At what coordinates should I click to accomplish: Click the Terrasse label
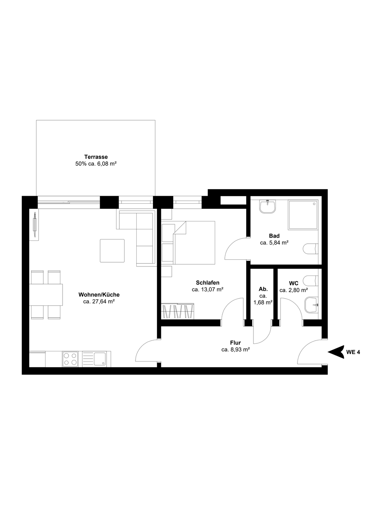click(x=96, y=157)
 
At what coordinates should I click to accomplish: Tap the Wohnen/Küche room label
click(x=99, y=295)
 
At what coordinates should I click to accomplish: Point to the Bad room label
click(x=274, y=236)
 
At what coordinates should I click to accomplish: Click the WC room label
click(x=294, y=283)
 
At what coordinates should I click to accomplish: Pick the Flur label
click(x=235, y=343)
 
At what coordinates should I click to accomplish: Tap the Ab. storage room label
click(x=263, y=289)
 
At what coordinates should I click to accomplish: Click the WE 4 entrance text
click(x=353, y=352)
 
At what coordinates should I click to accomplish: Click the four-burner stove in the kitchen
click(x=70, y=359)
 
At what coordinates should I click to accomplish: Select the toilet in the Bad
click(x=311, y=249)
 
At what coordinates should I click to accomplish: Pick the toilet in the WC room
click(x=311, y=281)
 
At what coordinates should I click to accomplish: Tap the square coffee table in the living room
click(x=112, y=251)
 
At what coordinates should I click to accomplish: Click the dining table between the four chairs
click(x=46, y=295)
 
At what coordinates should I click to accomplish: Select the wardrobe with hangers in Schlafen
click(x=177, y=311)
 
